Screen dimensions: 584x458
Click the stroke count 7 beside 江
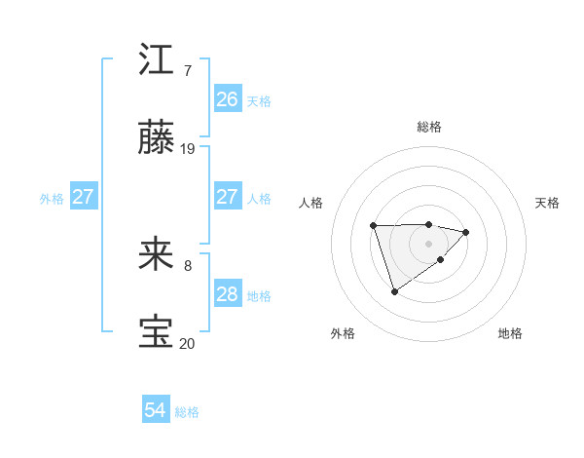188,70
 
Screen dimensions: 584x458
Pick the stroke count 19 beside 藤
188,149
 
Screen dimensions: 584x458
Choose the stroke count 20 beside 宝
188,343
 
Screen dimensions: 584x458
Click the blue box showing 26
227,99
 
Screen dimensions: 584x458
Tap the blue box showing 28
227,295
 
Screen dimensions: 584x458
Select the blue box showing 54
156,411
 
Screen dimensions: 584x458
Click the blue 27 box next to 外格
84,198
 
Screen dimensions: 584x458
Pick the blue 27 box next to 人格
227,198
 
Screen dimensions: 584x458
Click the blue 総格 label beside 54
187,412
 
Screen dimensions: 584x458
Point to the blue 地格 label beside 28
259,296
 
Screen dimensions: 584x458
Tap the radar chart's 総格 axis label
429,127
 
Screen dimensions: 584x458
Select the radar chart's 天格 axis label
547,203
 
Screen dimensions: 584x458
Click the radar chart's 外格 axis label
343,333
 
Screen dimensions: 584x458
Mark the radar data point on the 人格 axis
374,226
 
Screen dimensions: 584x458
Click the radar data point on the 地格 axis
441,259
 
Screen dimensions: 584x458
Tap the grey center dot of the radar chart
429,243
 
